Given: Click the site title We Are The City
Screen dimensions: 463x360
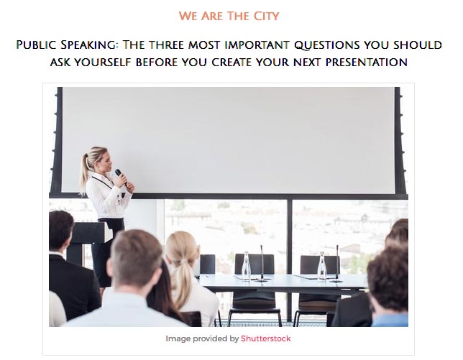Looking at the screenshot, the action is pyautogui.click(x=229, y=16).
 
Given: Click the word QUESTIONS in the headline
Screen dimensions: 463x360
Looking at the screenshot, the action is pyautogui.click(x=327, y=45).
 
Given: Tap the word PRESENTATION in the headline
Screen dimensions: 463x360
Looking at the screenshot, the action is pyautogui.click(x=367, y=63).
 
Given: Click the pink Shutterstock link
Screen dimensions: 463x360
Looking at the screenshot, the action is pyautogui.click(x=266, y=338).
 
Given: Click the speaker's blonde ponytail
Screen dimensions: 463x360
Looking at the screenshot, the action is pyautogui.click(x=85, y=174).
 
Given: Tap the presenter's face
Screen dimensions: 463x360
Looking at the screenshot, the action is pyautogui.click(x=107, y=161).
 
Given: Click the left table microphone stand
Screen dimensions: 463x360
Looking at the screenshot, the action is pyautogui.click(x=262, y=263).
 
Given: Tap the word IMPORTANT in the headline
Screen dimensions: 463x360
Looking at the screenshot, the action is pyautogui.click(x=257, y=45).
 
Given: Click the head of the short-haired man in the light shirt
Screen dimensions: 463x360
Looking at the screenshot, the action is pyautogui.click(x=135, y=257).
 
